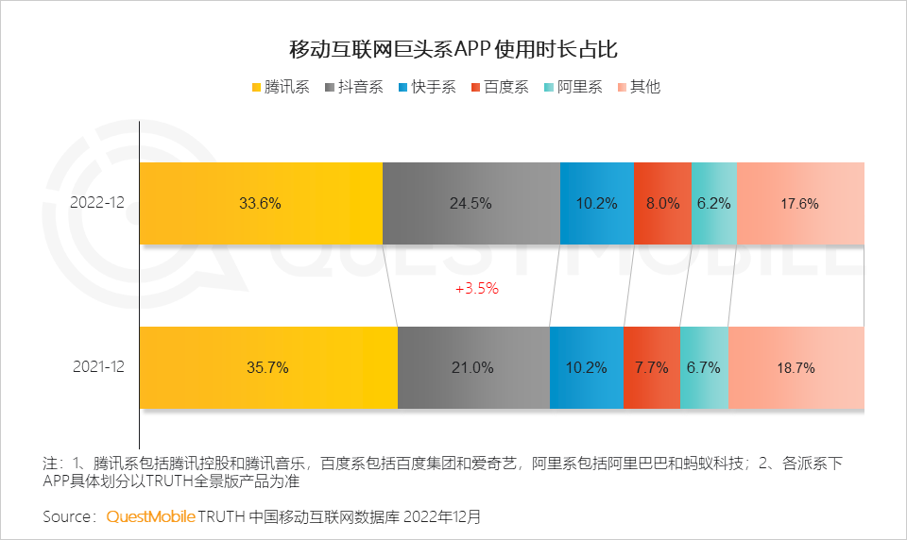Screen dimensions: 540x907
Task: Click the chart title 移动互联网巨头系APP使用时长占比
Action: click(453, 49)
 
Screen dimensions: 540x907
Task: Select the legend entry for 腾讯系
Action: click(281, 87)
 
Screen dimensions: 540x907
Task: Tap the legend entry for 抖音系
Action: click(354, 87)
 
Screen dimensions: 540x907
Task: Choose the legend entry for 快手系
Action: click(427, 87)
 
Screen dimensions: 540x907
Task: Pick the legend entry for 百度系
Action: click(499, 87)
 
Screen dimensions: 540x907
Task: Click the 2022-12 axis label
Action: click(97, 203)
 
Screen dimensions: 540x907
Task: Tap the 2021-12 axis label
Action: click(97, 368)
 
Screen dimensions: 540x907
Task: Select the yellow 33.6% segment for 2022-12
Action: click(261, 203)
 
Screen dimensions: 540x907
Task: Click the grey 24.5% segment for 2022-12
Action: click(471, 203)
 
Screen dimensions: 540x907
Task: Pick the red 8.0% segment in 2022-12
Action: click(662, 203)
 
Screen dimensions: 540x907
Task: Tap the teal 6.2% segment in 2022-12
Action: click(713, 203)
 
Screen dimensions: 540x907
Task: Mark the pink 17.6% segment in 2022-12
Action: click(800, 203)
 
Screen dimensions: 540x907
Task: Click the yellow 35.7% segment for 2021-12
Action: click(268, 368)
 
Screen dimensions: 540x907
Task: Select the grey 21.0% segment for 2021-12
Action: click(473, 368)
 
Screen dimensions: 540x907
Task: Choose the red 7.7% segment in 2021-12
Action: click(651, 368)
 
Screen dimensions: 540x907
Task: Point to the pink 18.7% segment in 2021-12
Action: click(796, 368)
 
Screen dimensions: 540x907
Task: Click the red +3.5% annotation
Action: click(476, 289)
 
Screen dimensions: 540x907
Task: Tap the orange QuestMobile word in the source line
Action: click(151, 517)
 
